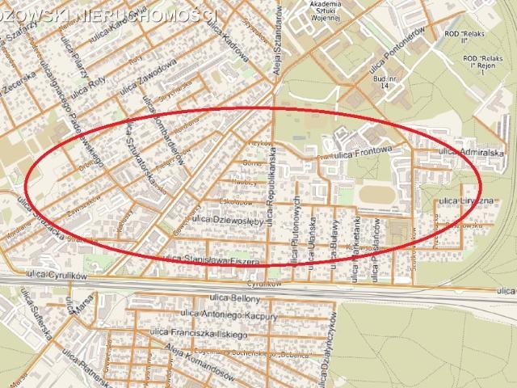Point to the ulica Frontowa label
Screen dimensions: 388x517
click(362, 150)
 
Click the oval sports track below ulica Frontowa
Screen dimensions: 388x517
click(372, 195)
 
